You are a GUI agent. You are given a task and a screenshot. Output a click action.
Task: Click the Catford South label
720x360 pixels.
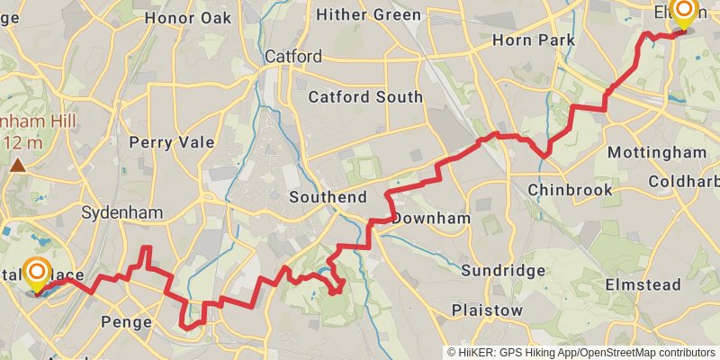[x=364, y=96]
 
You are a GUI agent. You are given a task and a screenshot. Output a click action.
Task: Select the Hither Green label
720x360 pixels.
[x=367, y=15]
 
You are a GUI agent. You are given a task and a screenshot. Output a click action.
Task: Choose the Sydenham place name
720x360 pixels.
[x=121, y=213]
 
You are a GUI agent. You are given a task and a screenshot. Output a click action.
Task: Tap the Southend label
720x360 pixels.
[x=328, y=197]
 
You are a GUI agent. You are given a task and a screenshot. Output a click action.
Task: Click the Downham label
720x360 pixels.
[x=432, y=219]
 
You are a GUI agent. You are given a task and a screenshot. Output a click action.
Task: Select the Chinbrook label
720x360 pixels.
[x=570, y=190]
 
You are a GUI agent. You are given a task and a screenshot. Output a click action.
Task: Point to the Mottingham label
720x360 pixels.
[x=657, y=152]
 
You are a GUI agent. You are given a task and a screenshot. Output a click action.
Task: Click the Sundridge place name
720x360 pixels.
[x=503, y=270]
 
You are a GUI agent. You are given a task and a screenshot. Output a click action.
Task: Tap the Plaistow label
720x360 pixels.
[x=487, y=310]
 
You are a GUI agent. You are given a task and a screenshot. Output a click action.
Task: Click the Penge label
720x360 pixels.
[x=127, y=320]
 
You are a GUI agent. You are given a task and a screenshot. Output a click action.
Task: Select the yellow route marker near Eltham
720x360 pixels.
[x=684, y=13]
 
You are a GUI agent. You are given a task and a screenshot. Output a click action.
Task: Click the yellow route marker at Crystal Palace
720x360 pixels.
[x=37, y=274]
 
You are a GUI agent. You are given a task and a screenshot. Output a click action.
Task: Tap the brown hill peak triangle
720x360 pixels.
[x=18, y=165]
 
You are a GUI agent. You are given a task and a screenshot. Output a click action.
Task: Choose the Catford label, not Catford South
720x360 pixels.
[x=292, y=57]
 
